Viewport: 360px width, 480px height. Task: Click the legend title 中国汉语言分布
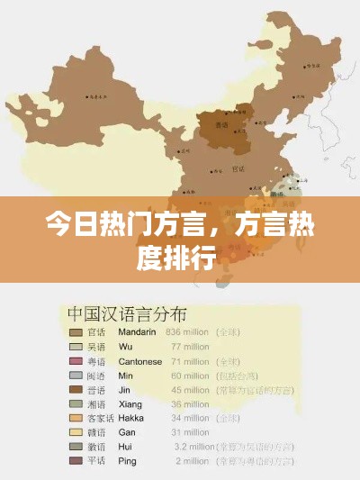127,314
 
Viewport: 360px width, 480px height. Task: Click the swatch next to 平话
75,461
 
